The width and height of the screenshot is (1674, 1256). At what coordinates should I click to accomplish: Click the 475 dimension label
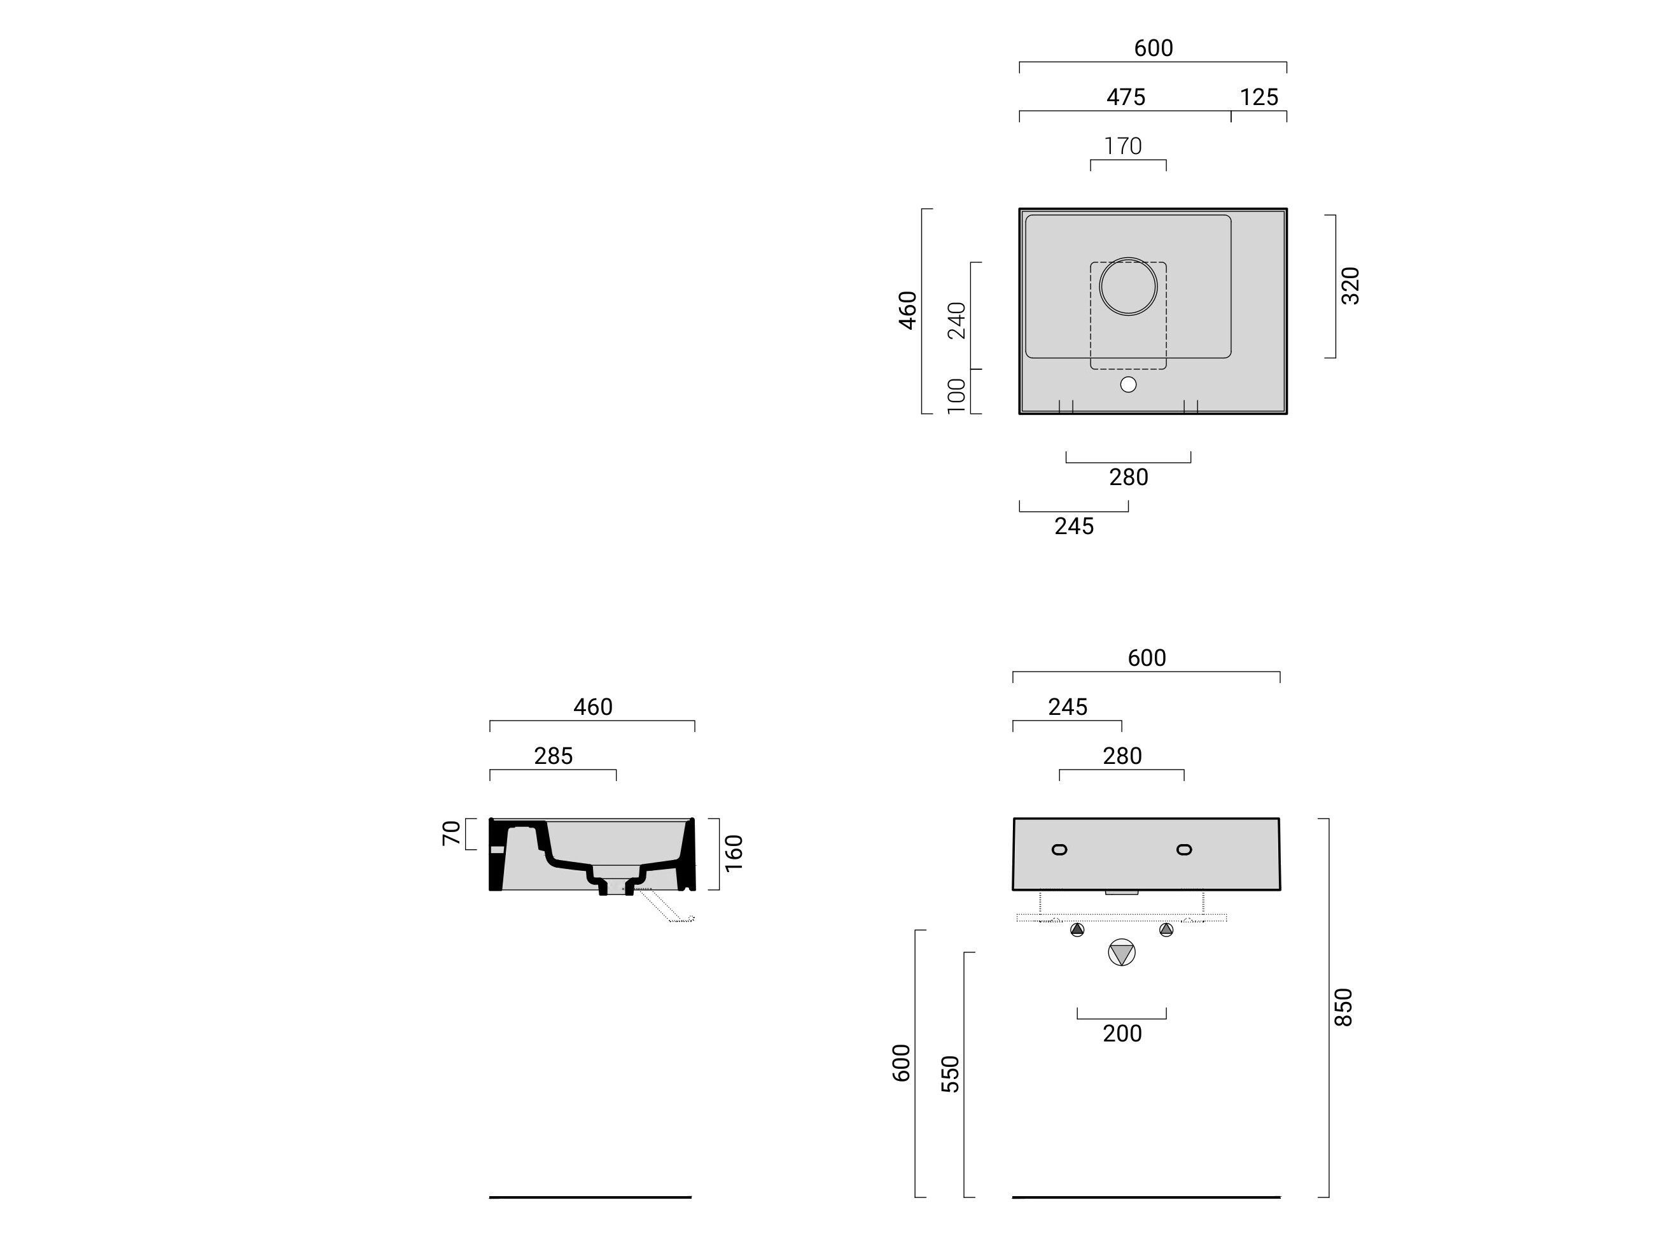(1126, 97)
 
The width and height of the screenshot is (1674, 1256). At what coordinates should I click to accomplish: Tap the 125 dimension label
(1259, 97)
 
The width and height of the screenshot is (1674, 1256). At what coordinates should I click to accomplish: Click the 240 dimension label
(956, 320)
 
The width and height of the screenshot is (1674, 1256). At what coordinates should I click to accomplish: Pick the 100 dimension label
(956, 396)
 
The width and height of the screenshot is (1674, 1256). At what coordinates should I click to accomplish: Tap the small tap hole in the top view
(1128, 385)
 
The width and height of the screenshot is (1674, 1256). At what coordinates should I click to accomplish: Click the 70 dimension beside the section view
(451, 833)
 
